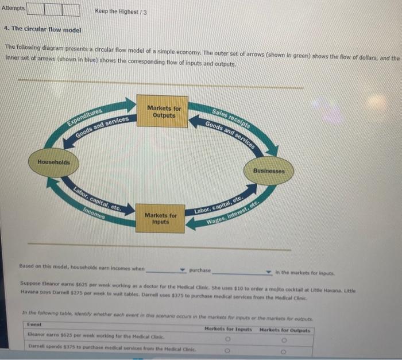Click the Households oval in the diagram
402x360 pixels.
(x=53, y=162)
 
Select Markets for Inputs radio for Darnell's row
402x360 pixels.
(x=228, y=347)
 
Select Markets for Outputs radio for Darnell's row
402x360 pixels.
(x=284, y=347)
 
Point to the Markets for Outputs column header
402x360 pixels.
(x=285, y=330)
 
